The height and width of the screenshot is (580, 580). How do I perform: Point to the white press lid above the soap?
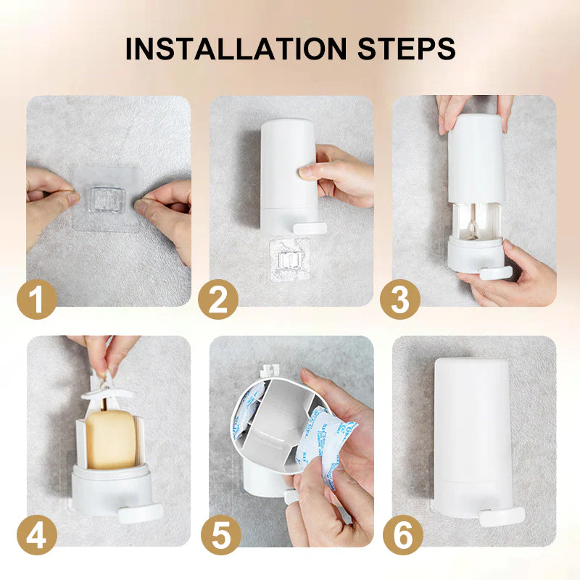105,391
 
